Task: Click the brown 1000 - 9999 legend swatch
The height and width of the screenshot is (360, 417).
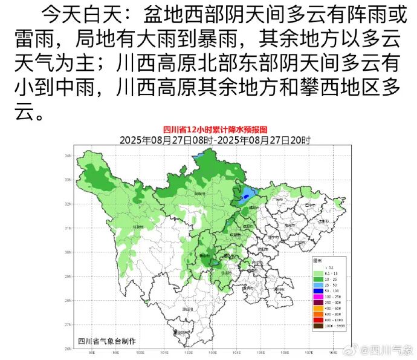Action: [x=317, y=326]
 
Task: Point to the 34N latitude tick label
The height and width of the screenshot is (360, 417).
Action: [x=68, y=155]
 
